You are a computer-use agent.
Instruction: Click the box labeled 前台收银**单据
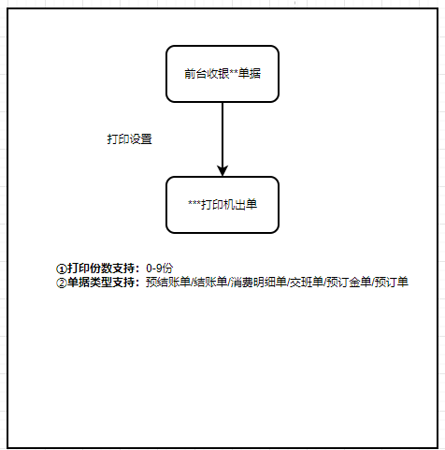click(x=222, y=74)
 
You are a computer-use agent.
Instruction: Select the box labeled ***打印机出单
click(x=222, y=205)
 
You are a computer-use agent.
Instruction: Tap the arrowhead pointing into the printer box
click(x=222, y=171)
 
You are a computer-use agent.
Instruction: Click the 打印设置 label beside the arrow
click(x=129, y=139)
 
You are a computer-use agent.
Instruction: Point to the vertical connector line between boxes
click(x=222, y=139)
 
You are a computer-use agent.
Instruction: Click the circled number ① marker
click(x=62, y=269)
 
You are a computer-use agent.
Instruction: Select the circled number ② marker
click(x=62, y=283)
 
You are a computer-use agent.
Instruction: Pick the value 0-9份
click(x=159, y=269)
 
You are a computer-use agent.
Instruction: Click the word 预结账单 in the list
click(x=168, y=283)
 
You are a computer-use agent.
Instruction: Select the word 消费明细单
click(x=258, y=283)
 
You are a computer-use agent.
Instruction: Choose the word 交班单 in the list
click(x=307, y=283)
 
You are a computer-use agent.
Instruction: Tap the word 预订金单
click(x=349, y=283)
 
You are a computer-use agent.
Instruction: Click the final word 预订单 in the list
click(x=392, y=283)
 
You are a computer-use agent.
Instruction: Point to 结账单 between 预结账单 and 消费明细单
click(x=210, y=283)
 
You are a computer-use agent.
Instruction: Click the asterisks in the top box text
click(x=234, y=73)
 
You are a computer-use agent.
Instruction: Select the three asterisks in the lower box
click(x=194, y=204)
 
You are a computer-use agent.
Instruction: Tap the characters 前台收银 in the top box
click(x=207, y=74)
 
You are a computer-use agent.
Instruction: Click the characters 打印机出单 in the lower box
click(x=229, y=205)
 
